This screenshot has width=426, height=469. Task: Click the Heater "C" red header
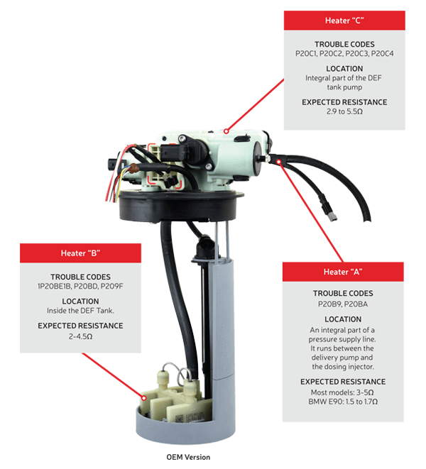coord(344,21)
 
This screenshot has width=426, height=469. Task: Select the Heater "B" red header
coord(80,253)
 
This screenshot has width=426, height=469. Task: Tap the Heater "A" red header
coord(343,272)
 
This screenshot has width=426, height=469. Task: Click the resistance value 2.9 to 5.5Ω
coord(344,111)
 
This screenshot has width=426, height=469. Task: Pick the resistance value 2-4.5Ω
coord(80,336)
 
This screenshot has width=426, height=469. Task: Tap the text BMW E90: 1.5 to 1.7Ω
coord(343,402)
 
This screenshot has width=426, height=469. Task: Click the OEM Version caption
coord(188,457)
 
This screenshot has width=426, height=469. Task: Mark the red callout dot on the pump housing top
coord(226,131)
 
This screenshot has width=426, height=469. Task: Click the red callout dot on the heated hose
coord(279,162)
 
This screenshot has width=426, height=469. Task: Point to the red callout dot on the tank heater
coord(144,398)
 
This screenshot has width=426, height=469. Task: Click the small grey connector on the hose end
coord(332,217)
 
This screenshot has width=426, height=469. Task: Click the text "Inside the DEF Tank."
coord(80,311)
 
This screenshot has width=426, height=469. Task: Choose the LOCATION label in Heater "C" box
coord(344,69)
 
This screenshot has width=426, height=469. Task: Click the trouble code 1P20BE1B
coord(54,286)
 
